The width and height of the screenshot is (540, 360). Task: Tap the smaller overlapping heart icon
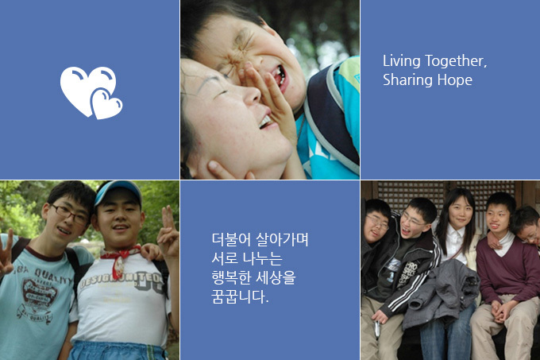coord(106,105)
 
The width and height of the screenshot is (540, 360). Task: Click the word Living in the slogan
coord(402,61)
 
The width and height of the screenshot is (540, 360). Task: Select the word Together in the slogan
coord(456,61)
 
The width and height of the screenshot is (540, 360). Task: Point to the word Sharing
coord(407,80)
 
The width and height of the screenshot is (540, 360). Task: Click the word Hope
coord(454,80)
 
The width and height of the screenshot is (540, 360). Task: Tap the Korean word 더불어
coord(231,239)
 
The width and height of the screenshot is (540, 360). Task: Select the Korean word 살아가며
coord(283,239)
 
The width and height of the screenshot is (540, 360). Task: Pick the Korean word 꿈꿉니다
coord(240,296)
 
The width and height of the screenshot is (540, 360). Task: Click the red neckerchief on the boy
coord(119,259)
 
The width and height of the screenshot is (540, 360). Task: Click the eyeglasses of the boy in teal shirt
coord(70,214)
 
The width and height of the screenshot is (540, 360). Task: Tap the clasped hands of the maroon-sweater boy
coord(502,311)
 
